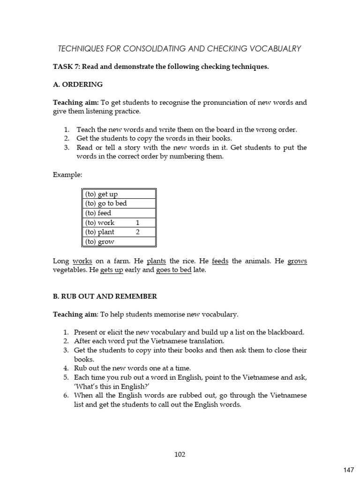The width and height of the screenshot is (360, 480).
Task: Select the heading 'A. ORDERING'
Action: pyautogui.click(x=77, y=84)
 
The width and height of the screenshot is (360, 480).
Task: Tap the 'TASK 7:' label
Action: pyautogui.click(x=67, y=67)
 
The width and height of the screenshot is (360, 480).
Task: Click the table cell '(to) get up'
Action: pyautogui.click(x=101, y=194)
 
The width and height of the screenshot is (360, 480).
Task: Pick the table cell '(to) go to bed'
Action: pyautogui.click(x=106, y=203)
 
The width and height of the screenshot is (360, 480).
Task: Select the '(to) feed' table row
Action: pyautogui.click(x=119, y=213)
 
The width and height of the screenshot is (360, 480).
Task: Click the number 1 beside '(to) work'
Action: pyautogui.click(x=138, y=223)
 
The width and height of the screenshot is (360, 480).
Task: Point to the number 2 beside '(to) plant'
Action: pyautogui.click(x=138, y=232)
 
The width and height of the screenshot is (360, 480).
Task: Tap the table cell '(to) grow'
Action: pyautogui.click(x=100, y=242)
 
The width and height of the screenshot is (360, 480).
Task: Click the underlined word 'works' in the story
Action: pyautogui.click(x=82, y=261)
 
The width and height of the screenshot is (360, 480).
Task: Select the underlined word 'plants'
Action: pyautogui.click(x=157, y=261)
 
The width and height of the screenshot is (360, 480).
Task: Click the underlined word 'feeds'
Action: pyautogui.click(x=220, y=261)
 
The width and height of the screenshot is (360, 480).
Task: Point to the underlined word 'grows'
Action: pyautogui.click(x=297, y=261)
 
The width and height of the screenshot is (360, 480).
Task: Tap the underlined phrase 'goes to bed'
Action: pyautogui.click(x=174, y=270)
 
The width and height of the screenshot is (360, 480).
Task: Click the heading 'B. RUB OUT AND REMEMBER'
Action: pyautogui.click(x=105, y=296)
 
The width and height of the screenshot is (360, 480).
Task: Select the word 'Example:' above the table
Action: pyautogui.click(x=67, y=174)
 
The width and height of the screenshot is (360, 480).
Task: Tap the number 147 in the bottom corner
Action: pyautogui.click(x=349, y=469)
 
